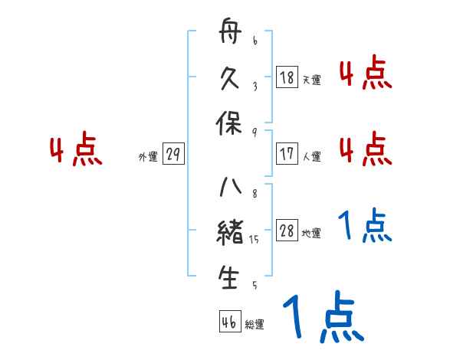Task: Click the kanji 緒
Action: click(x=230, y=233)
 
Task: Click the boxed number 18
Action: click(x=287, y=77)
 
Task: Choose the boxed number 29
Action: click(x=173, y=155)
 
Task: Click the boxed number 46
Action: click(x=229, y=322)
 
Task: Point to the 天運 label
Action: click(x=311, y=79)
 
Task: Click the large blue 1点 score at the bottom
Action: click(x=322, y=318)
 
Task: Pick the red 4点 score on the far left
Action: click(x=76, y=151)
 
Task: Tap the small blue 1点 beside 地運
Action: click(x=365, y=227)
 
